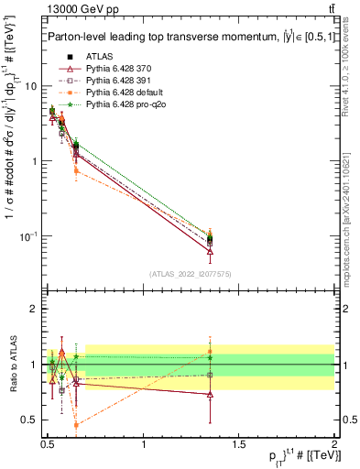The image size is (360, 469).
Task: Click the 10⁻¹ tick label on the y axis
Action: click(x=29, y=236)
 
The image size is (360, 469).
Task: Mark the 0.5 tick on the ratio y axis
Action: click(x=29, y=421)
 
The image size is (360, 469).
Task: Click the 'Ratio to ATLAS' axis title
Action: click(x=11, y=365)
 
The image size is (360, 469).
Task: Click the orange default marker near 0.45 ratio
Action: click(x=76, y=425)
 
